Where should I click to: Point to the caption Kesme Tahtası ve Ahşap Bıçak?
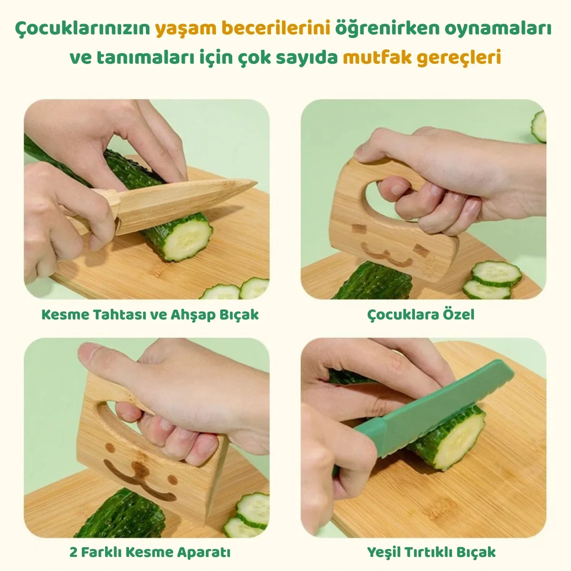point(150,315)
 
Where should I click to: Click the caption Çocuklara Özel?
point(421,315)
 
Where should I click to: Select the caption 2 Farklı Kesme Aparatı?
point(150,552)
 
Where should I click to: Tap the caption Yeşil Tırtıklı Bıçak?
point(431,552)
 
